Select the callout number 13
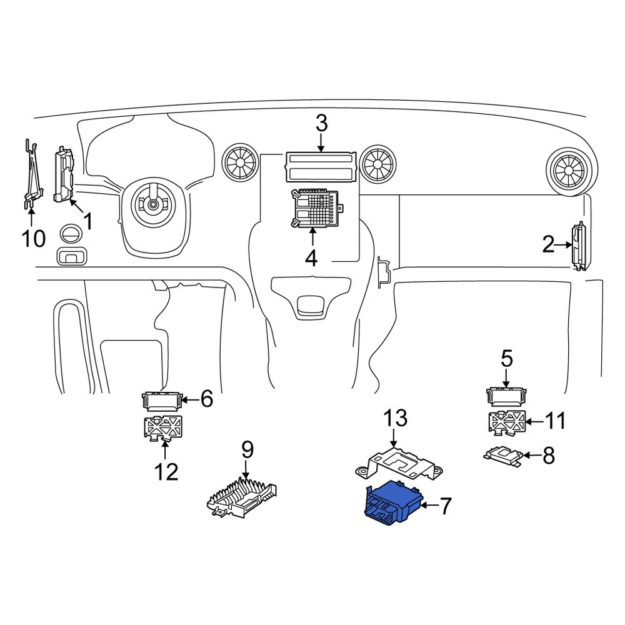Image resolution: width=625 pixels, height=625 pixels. (x=394, y=417)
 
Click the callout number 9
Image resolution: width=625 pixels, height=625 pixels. (x=247, y=448)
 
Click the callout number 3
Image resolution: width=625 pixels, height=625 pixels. (x=321, y=123)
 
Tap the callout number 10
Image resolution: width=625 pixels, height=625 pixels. (x=34, y=237)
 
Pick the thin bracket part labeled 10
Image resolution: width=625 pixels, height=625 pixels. (x=31, y=175)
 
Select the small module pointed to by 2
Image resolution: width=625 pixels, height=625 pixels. (x=579, y=247)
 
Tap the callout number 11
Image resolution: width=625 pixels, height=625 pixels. (x=554, y=421)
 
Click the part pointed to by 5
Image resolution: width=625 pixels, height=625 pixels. (x=506, y=397)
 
